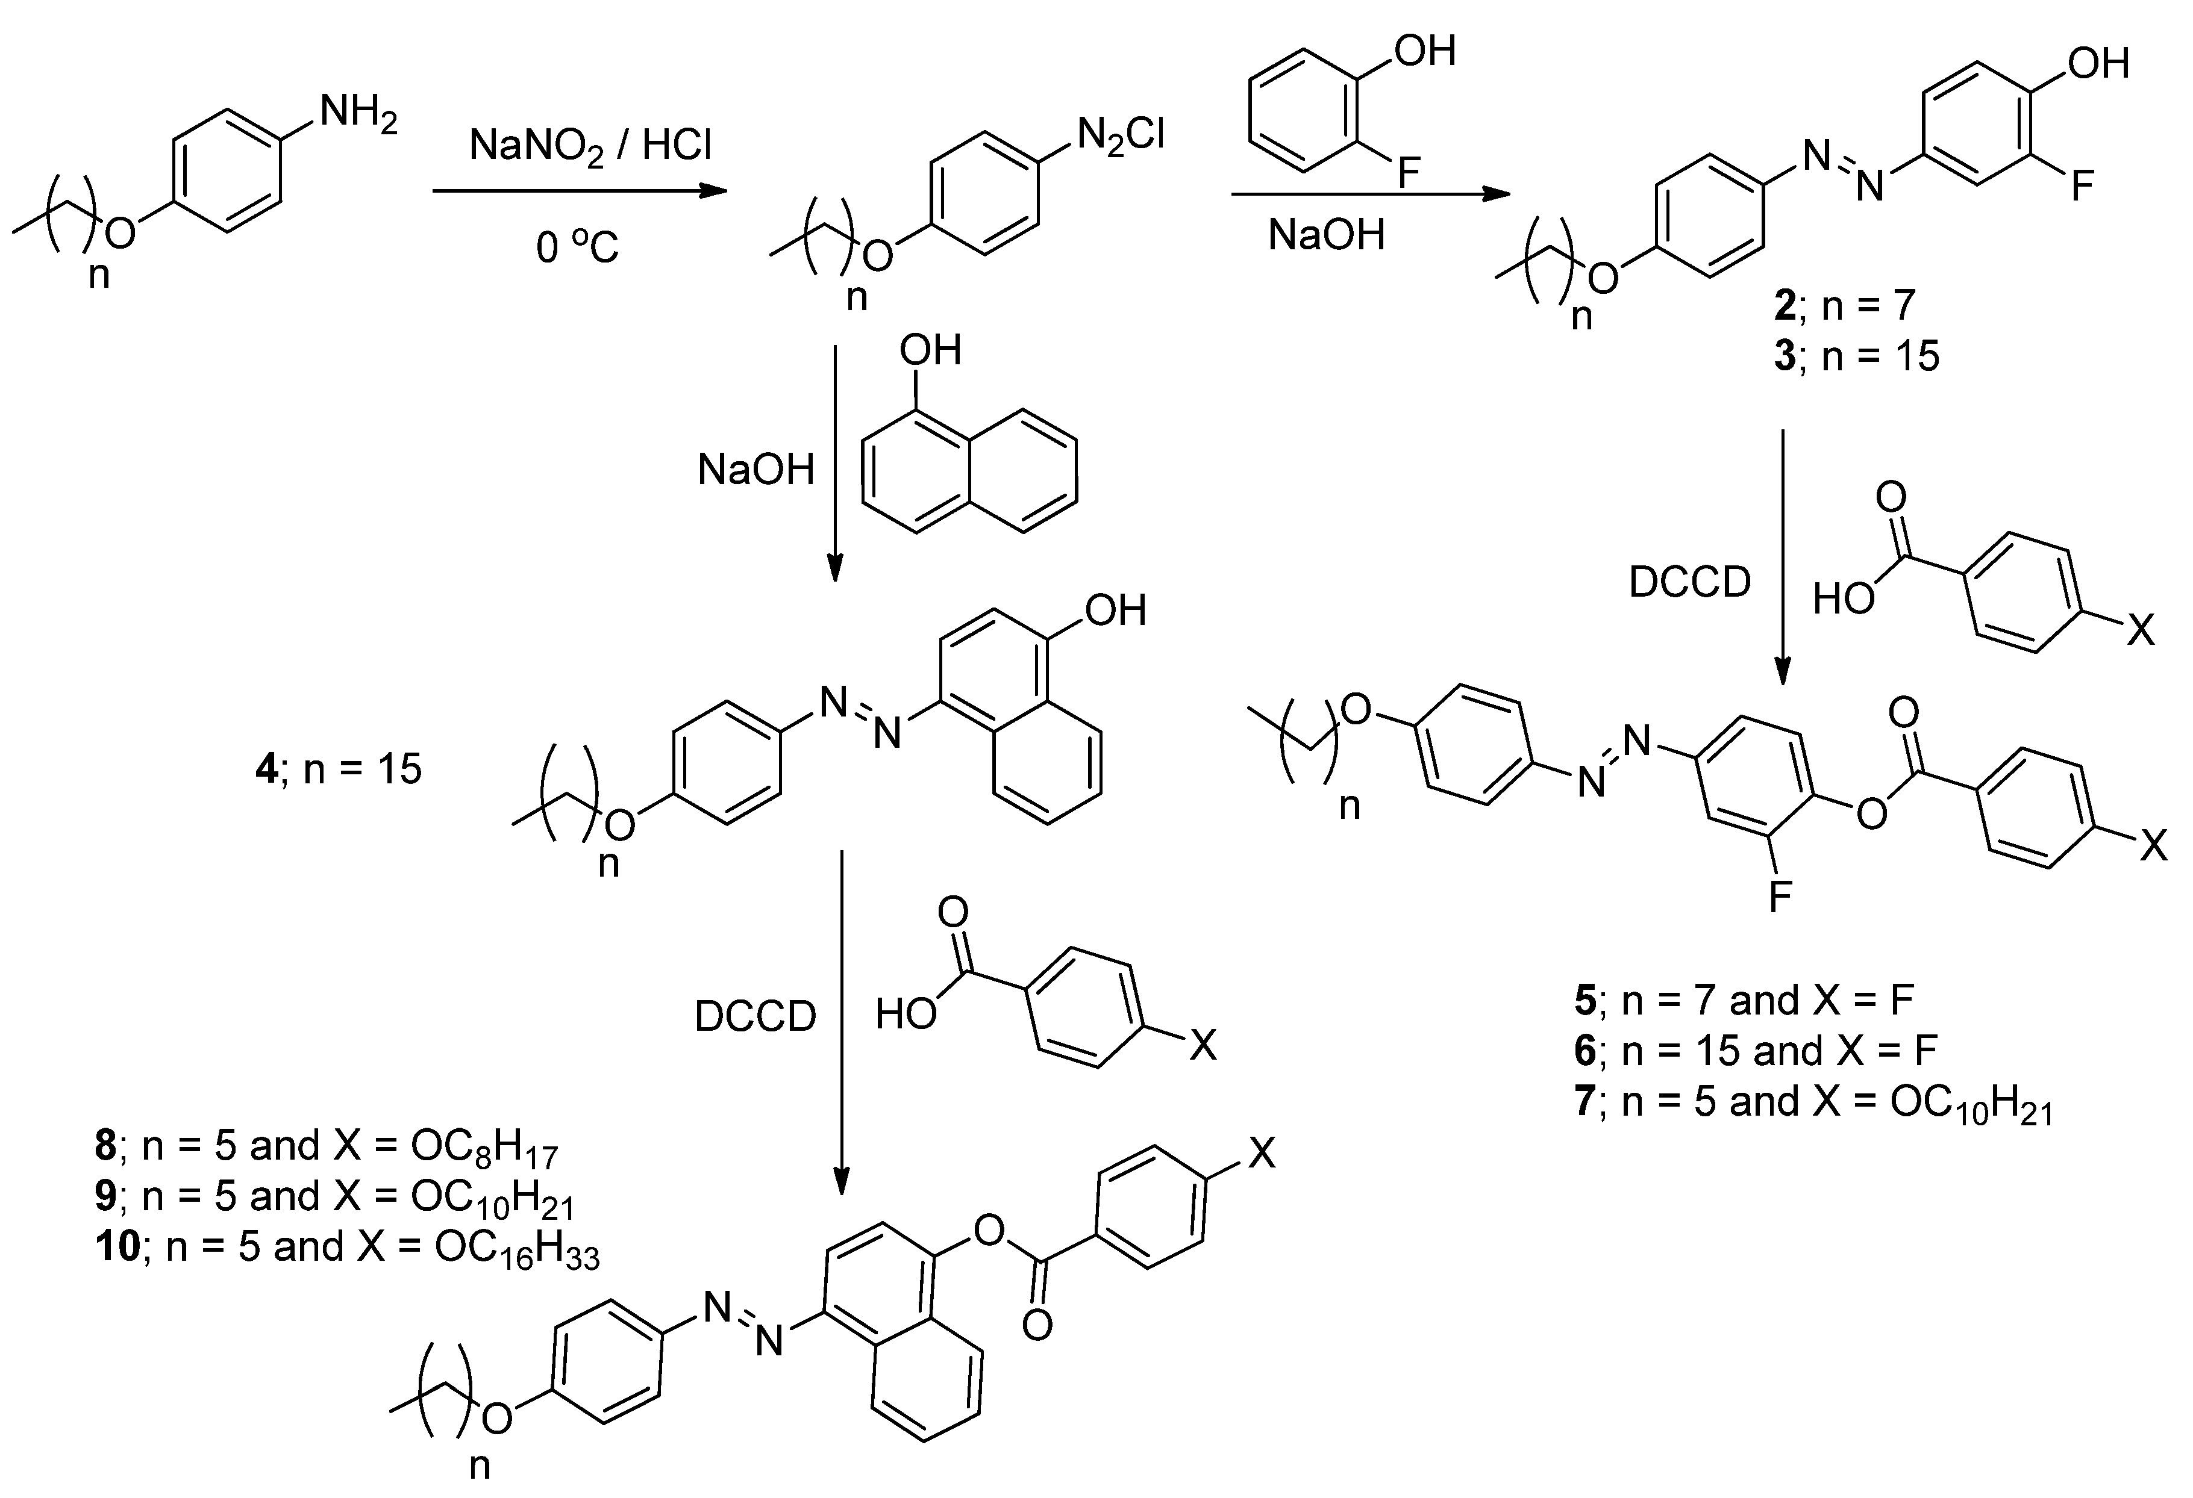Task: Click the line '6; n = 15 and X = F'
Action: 1755,1051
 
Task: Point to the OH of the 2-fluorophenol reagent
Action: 1425,51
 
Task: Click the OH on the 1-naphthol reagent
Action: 930,351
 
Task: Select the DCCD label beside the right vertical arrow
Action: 1689,583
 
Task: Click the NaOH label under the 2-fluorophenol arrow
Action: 1326,235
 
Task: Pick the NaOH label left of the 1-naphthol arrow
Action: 756,470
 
